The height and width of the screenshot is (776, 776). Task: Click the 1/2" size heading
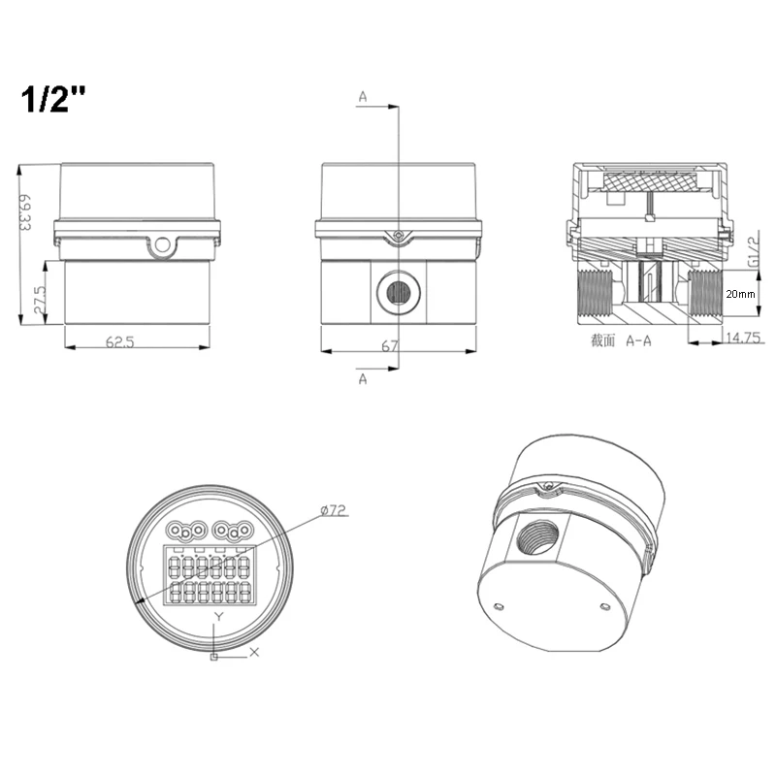[x=55, y=101]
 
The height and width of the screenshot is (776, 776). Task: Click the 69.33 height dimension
[x=25, y=212]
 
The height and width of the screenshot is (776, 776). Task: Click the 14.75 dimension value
[x=742, y=338]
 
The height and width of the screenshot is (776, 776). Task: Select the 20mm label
[x=740, y=294]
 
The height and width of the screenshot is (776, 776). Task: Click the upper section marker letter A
[x=363, y=97]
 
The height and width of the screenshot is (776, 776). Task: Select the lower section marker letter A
[x=363, y=379]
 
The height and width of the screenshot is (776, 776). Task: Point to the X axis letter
[x=254, y=652]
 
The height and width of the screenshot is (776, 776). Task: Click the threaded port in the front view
[x=397, y=292]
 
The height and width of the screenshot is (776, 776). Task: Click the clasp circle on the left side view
[x=162, y=242]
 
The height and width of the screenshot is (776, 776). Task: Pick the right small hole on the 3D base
[x=604, y=607]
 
